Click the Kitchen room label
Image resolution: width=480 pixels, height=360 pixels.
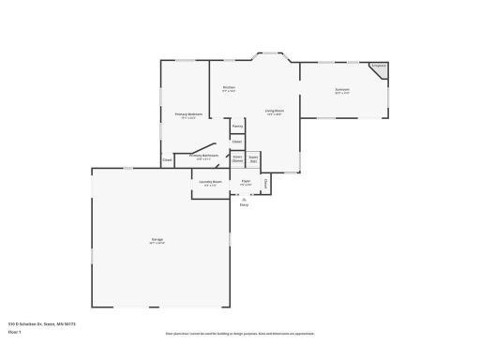(x=229, y=88)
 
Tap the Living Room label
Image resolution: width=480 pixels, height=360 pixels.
(x=274, y=112)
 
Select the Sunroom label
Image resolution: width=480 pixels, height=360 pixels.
(x=342, y=90)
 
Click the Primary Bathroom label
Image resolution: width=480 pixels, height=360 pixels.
(x=204, y=156)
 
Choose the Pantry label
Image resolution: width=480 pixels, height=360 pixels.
(x=237, y=125)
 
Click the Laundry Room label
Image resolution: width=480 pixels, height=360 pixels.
(x=211, y=182)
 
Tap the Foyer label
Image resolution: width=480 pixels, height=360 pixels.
(x=246, y=182)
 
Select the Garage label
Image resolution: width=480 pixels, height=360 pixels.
(x=157, y=240)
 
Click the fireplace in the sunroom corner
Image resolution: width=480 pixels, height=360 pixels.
(x=379, y=68)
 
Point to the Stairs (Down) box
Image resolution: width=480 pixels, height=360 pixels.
(x=238, y=160)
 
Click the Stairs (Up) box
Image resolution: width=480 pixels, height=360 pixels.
(x=253, y=160)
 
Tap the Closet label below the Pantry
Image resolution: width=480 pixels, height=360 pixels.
(x=237, y=142)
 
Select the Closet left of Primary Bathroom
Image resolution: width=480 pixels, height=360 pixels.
(x=167, y=160)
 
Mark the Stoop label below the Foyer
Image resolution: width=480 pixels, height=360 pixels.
(x=245, y=203)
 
